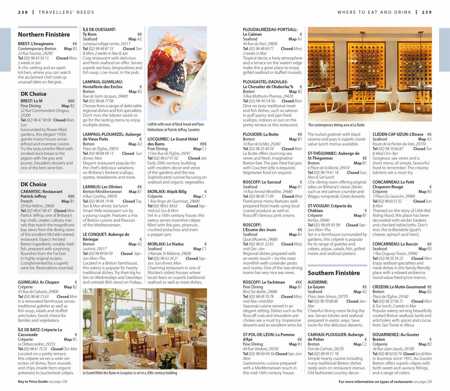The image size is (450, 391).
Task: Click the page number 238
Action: (x=23, y=12)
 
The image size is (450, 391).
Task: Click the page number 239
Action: (x=427, y=12)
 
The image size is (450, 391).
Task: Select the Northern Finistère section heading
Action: (x=44, y=34)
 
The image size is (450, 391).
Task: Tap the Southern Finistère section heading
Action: (x=334, y=273)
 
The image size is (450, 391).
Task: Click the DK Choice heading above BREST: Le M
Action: (x=33, y=94)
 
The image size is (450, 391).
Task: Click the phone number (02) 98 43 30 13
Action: (x=36, y=58)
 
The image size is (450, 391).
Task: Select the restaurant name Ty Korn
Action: (x=90, y=34)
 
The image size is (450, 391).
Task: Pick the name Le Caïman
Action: (x=252, y=34)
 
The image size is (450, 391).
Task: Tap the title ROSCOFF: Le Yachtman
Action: (x=264, y=282)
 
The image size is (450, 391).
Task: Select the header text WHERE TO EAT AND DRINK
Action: (x=374, y=12)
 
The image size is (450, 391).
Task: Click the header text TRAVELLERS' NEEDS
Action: (x=66, y=12)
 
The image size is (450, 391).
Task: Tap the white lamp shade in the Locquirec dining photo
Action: (x=112, y=315)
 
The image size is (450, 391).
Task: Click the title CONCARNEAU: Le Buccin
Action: (x=395, y=244)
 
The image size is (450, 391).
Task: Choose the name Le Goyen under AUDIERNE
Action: (x=316, y=287)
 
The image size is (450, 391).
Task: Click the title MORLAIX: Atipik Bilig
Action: (x=167, y=191)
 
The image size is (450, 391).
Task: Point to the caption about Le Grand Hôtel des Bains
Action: (x=130, y=373)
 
